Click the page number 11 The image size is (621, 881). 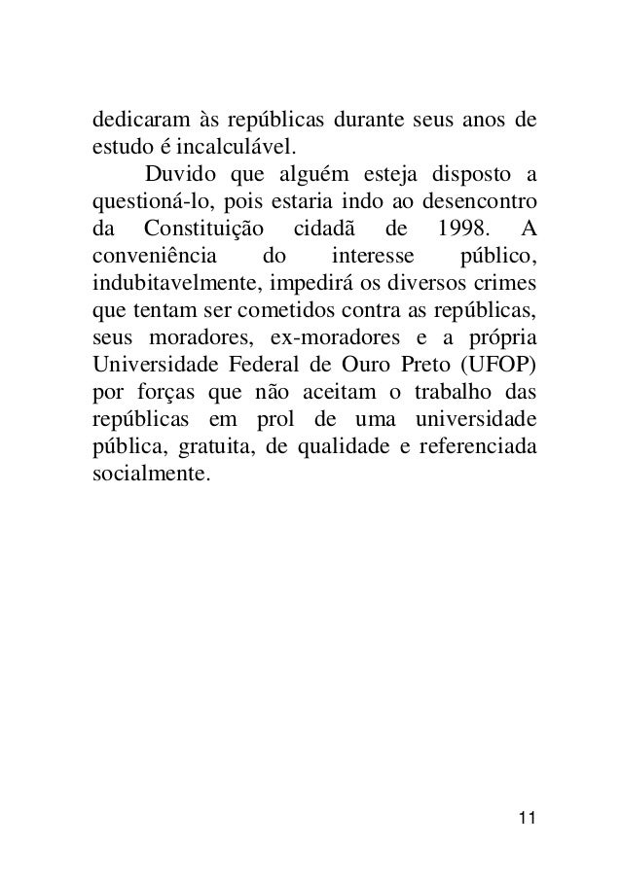pos(527,814)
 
